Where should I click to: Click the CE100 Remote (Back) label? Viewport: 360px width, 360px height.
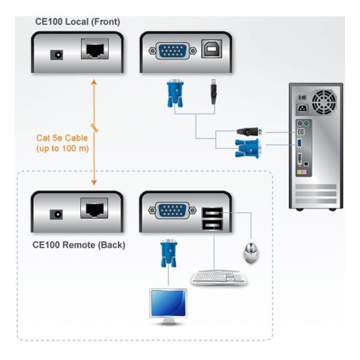coord(79,245)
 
